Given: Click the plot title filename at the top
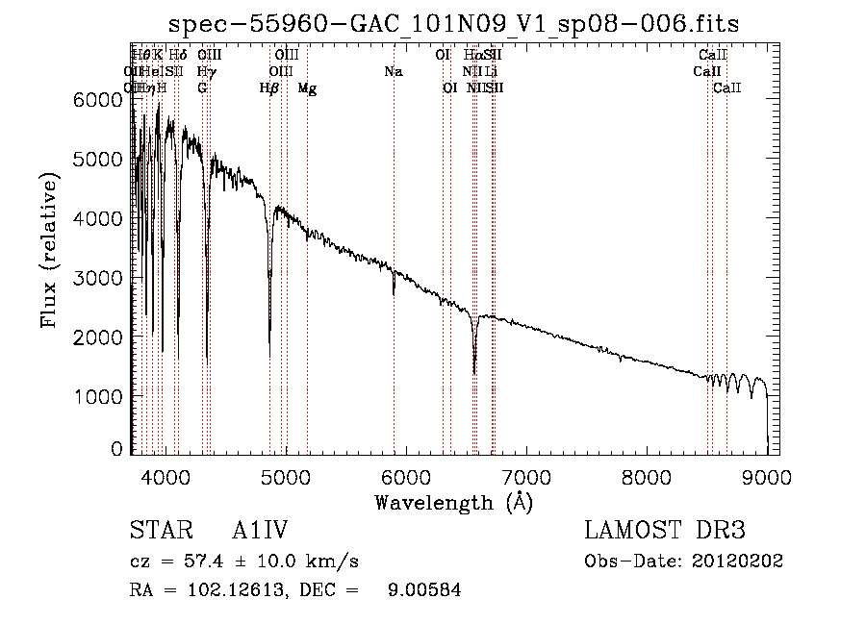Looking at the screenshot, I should point(453,24).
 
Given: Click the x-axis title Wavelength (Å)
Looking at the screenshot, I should point(453,502).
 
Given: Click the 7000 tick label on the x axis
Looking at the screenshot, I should point(525,475).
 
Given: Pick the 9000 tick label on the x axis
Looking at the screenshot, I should point(767,475).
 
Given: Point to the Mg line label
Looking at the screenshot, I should point(307,88).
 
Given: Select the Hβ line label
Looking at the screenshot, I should point(269,88).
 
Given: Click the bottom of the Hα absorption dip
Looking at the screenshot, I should point(474,372).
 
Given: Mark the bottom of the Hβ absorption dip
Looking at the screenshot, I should point(269,354).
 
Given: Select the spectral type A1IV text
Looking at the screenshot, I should point(260,531).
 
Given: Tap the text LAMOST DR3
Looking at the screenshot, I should point(664,531).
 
